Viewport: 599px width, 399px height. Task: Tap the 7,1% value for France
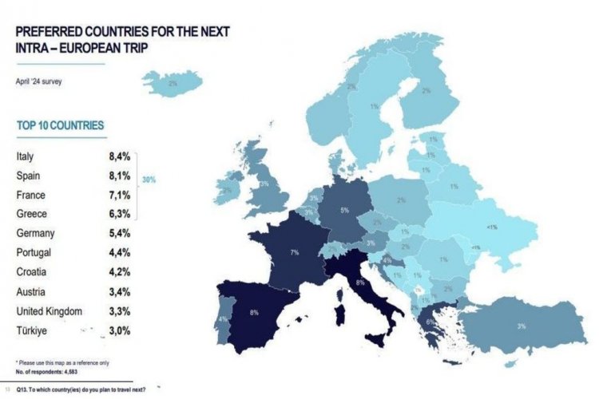coord(120,196)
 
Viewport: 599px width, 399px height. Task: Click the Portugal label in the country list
coord(35,253)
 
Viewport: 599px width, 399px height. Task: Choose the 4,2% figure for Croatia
coord(120,271)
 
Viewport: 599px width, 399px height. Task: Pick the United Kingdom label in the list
coord(50,310)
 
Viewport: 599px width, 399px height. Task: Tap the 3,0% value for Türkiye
coord(120,330)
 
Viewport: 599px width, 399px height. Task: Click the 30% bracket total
coord(149,180)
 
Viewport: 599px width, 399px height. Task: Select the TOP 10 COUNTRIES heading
coord(60,126)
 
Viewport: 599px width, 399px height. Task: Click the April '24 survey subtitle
coord(38,81)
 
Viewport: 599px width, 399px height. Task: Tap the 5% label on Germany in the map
coord(344,211)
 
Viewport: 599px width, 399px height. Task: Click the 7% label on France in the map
coord(294,252)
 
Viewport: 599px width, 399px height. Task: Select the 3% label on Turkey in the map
coord(521,326)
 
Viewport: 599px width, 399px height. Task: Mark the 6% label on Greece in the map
coord(429,322)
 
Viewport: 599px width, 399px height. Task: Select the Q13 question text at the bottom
coord(84,388)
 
